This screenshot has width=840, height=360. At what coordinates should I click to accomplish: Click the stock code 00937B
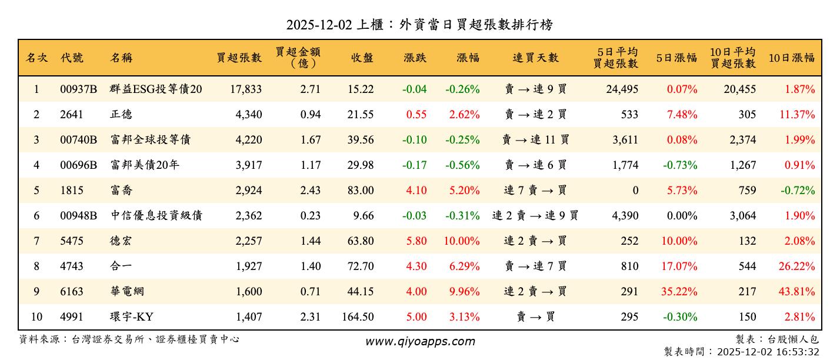78,89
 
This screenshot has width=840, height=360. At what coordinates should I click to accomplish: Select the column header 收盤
362,58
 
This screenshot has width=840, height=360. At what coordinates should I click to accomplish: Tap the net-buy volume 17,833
244,89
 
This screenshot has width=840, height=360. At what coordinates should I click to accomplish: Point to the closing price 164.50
358,317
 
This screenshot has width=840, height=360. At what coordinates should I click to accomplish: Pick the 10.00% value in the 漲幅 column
462,241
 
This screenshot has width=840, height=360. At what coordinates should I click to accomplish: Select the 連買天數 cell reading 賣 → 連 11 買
535,140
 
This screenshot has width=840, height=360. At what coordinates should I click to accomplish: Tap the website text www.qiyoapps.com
420,341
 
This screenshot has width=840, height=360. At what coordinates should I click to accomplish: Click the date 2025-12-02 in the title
319,25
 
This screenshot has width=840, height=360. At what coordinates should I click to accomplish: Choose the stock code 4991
72,317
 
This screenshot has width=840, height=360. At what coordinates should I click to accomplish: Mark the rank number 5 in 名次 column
36,191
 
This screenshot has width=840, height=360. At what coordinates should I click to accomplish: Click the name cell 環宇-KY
132,317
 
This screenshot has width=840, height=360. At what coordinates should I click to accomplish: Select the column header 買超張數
239,58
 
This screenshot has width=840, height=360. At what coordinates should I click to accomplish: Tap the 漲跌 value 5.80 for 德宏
416,241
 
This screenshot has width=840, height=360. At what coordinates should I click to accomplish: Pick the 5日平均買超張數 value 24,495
621,89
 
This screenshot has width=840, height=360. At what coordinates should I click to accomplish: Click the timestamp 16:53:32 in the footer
798,352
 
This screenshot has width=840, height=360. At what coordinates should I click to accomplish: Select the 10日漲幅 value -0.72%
799,191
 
